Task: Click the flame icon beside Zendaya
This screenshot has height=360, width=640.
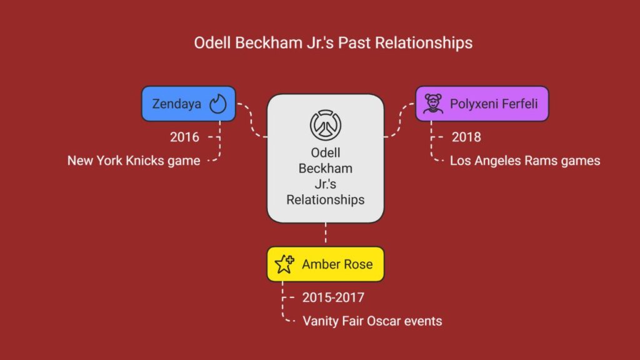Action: coord(218,104)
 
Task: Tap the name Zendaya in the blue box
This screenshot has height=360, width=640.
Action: coord(177,104)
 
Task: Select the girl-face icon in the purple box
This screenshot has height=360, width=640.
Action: coord(433,104)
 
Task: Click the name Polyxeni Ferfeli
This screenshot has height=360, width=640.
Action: coord(494,104)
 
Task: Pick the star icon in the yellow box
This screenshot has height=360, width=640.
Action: coord(284,264)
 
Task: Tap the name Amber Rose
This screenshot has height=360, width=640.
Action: coord(337,264)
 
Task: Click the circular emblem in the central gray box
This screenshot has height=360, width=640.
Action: coord(325,125)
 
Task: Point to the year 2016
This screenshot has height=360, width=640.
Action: coord(184,137)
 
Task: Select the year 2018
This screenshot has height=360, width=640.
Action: coord(466,137)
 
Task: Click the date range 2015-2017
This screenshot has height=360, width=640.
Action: coord(333,297)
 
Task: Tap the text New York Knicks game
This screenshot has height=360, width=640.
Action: coord(134,161)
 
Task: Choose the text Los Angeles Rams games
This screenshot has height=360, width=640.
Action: coord(525,161)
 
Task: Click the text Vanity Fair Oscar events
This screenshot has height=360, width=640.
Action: coord(372,321)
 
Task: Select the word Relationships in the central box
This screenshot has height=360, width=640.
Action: coord(325,199)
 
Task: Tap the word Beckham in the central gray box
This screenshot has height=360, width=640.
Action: coord(325,168)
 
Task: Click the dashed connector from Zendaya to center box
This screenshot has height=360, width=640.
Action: coord(251,121)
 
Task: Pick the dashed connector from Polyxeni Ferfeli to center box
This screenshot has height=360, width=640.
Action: coord(399,121)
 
